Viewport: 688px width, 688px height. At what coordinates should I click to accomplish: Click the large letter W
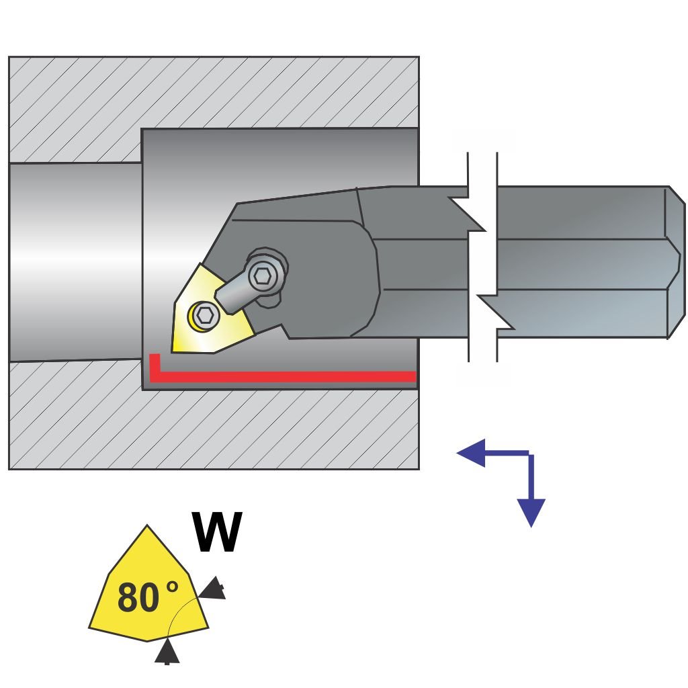coord(217,532)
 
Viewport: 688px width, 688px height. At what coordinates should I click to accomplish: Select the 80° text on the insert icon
coord(148,597)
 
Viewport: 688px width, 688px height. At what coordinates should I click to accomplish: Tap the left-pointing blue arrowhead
coord(470,453)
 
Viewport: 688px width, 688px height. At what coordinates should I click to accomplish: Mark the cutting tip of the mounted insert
coord(174,349)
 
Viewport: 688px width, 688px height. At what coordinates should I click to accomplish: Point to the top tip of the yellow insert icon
coord(147,527)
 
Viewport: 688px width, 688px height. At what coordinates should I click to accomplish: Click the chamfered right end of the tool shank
coord(675,262)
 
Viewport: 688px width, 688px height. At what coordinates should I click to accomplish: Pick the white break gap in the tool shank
coord(482,262)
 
